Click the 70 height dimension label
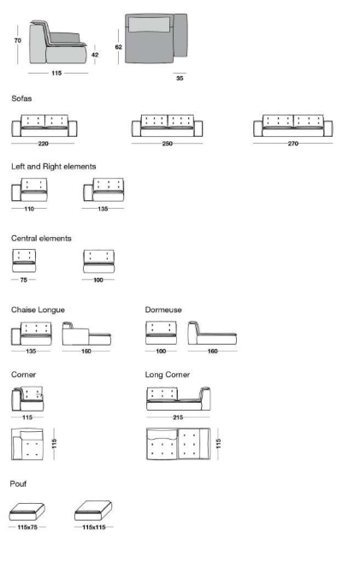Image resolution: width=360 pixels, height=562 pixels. [x=18, y=40]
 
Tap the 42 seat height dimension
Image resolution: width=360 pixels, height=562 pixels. [x=95, y=55]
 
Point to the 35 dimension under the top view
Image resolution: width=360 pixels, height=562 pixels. [x=180, y=78]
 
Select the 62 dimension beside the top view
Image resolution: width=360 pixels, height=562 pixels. [x=119, y=47]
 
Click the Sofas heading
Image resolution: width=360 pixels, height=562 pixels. [x=21, y=98]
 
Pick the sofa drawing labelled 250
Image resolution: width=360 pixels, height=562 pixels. [x=167, y=126]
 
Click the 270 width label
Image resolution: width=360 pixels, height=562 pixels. [x=293, y=144]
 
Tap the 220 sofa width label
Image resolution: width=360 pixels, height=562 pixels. [x=44, y=144]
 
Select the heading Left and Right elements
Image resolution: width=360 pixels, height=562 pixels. [x=54, y=167]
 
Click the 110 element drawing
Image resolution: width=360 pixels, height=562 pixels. [x=29, y=190]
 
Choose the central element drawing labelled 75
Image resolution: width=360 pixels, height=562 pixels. [x=24, y=261]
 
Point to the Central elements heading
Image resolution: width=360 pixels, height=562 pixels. [x=41, y=239]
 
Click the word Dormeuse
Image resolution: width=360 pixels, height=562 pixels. [x=163, y=310]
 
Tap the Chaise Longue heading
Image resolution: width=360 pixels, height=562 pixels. [x=38, y=310]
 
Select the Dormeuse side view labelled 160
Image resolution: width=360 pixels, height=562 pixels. [x=212, y=333]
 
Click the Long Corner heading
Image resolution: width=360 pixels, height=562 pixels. [x=168, y=375]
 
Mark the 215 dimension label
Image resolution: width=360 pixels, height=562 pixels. [x=178, y=417]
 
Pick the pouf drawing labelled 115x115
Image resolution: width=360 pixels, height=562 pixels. [x=93, y=511]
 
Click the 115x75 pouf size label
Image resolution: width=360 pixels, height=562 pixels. [x=27, y=527]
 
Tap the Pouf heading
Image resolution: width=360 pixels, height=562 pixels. [x=18, y=484]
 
